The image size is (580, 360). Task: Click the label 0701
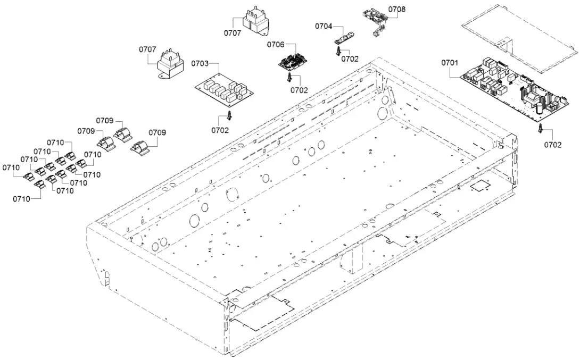(x=449, y=63)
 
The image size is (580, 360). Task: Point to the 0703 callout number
(x=200, y=64)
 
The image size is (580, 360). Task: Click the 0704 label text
(x=324, y=26)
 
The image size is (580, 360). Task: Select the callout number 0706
(x=276, y=44)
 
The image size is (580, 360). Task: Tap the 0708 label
(x=396, y=10)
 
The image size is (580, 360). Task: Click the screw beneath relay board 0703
(x=229, y=115)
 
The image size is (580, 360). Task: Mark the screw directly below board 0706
(x=289, y=78)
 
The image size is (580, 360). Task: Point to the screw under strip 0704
(x=338, y=51)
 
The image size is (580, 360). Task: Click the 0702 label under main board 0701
(x=552, y=145)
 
